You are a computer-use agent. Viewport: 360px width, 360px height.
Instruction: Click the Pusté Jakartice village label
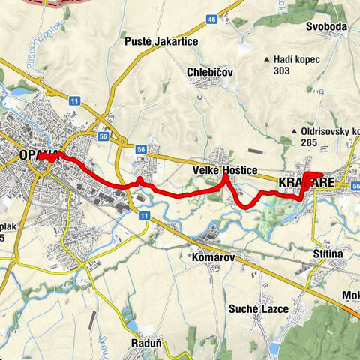click(x=161, y=42)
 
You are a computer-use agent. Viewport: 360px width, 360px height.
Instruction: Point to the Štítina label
click(x=328, y=256)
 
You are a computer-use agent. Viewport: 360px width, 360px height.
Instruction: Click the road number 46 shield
click(x=212, y=18)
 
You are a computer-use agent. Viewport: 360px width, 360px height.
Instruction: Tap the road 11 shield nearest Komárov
click(x=143, y=215)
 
